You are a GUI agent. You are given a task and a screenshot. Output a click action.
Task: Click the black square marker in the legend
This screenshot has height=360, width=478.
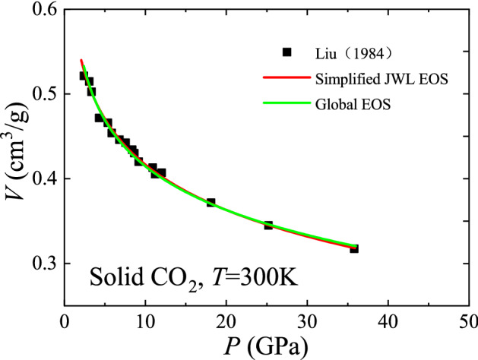coord(287,52)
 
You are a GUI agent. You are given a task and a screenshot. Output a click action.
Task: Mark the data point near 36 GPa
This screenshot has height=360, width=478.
coord(354,248)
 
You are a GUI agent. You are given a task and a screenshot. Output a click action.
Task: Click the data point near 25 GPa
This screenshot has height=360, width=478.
coord(268,226)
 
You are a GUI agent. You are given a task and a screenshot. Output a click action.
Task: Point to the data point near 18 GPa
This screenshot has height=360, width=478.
coord(211,203)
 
